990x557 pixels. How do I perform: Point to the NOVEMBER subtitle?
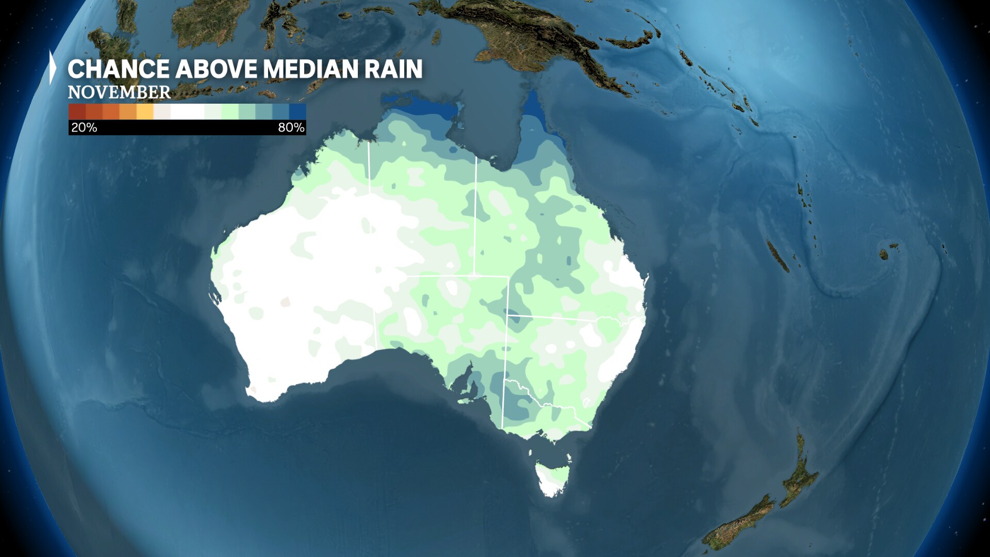point(119,92)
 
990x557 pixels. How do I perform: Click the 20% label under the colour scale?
point(84,127)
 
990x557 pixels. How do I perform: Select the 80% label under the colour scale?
point(291,127)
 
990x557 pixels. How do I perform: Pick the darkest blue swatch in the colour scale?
point(298,111)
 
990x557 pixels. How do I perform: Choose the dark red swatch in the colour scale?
point(77,111)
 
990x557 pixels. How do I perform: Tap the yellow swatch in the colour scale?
point(145,111)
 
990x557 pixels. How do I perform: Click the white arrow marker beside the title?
point(53,68)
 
